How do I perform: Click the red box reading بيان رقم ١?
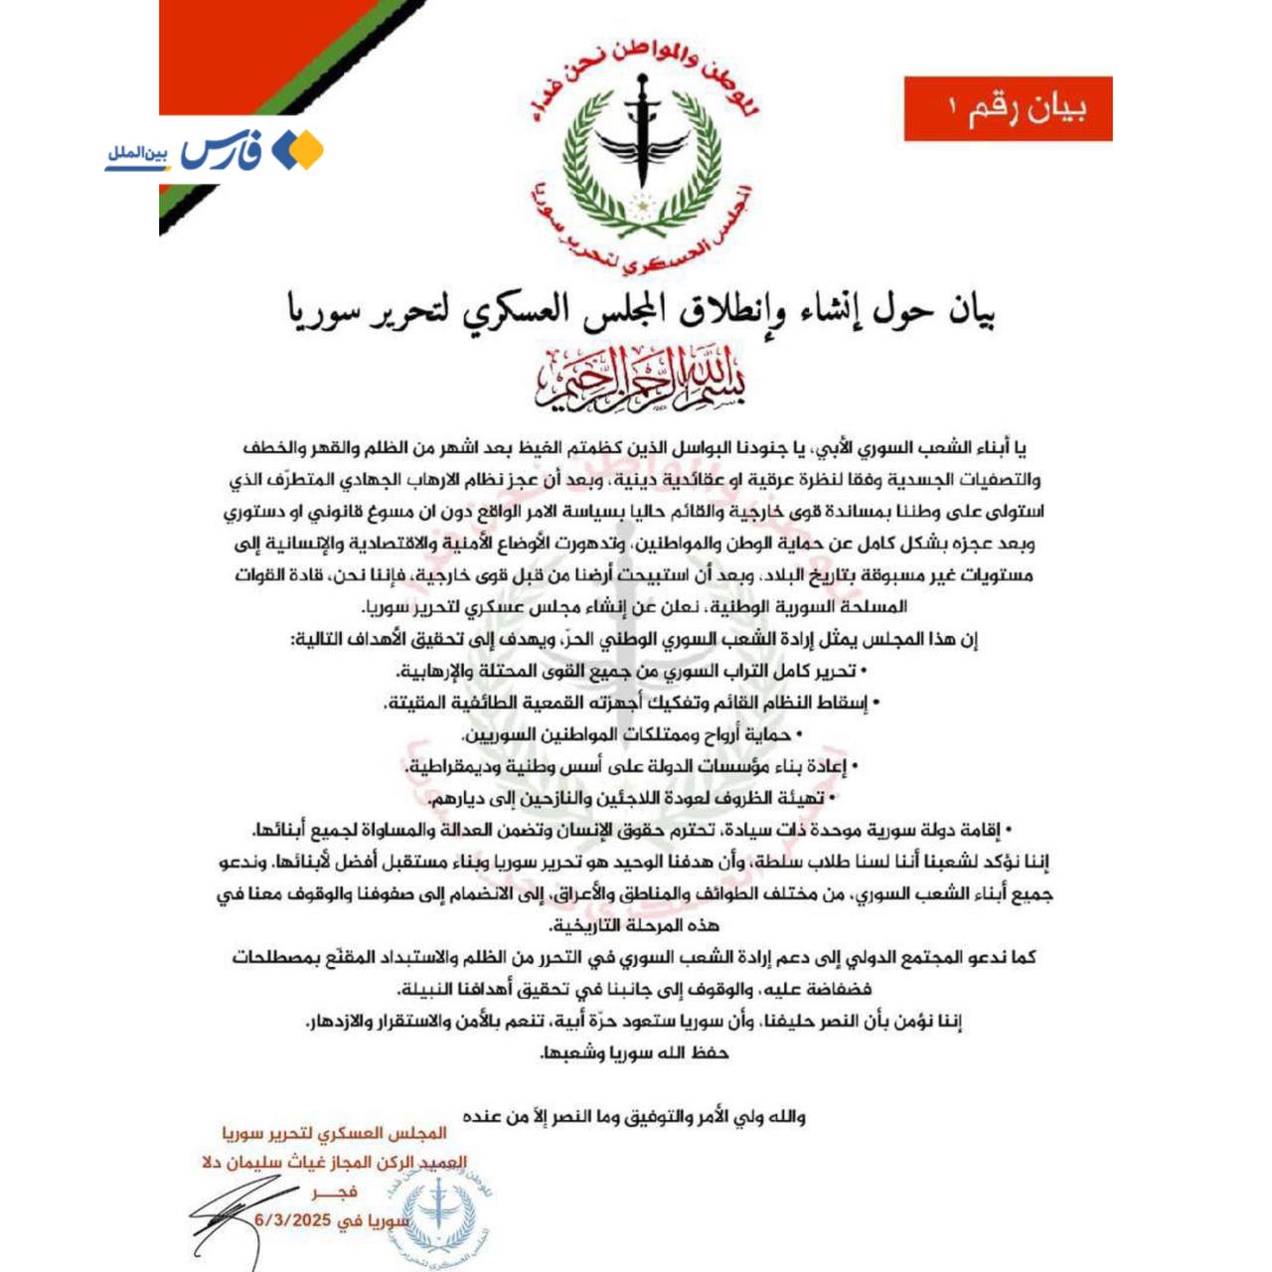point(1008,108)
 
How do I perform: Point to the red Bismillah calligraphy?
point(641,381)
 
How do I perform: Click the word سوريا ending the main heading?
point(324,311)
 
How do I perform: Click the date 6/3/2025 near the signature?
point(293,1219)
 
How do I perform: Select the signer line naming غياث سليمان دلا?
point(334,1162)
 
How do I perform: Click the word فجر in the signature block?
point(332,1192)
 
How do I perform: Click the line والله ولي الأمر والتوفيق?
point(634,1117)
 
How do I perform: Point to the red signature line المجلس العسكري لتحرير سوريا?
point(334,1133)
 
